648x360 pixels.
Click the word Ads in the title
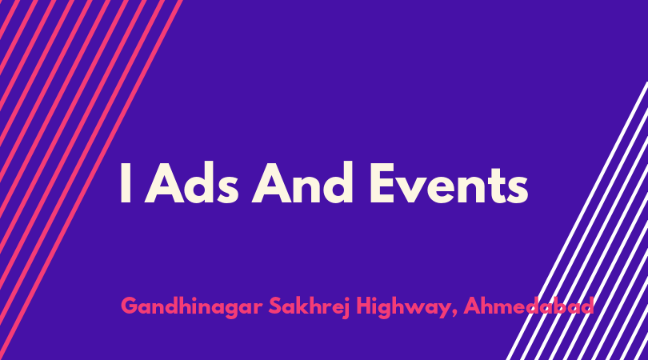point(191,182)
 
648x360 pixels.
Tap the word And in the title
point(302,182)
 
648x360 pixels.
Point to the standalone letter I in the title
point(126,183)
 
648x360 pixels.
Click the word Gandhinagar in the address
point(192,307)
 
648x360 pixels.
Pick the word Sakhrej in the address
point(309,307)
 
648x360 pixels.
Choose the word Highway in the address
point(402,307)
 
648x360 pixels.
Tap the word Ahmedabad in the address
point(529,306)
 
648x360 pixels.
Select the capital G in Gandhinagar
point(130,306)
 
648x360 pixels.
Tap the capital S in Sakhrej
point(275,306)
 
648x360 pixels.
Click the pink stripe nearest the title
point(91,180)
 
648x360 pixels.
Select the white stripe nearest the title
point(577,221)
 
